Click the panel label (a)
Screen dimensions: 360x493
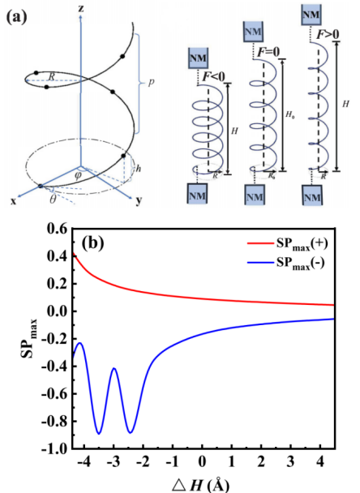coord(17,16)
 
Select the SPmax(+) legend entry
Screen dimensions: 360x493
coord(287,244)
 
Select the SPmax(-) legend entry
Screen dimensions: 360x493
coord(285,263)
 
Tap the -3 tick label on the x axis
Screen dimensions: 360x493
coord(113,461)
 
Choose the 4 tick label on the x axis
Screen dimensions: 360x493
coord(319,461)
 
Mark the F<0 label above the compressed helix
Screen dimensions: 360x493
coord(213,76)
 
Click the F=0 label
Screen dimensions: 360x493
coord(268,52)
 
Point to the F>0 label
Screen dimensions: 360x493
coord(328,34)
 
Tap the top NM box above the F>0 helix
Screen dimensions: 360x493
coord(311,15)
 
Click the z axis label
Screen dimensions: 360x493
coord(81,8)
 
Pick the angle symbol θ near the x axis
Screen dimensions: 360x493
coord(53,199)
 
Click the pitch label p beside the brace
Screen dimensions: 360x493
coord(152,83)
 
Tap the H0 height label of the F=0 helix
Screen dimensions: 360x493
coord(289,114)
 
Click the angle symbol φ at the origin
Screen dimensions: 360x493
coord(78,175)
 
